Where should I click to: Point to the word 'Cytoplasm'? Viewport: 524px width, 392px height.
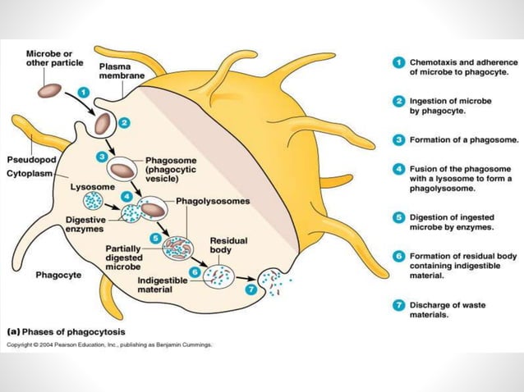pos(30,172)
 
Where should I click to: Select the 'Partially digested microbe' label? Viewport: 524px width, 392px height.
pos(126,256)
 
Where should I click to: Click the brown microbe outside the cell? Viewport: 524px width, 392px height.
pos(50,89)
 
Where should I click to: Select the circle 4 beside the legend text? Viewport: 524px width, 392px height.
pos(396,169)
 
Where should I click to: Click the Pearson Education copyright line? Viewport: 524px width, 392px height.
pos(108,344)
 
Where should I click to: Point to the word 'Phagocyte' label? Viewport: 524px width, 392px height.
pos(58,275)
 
